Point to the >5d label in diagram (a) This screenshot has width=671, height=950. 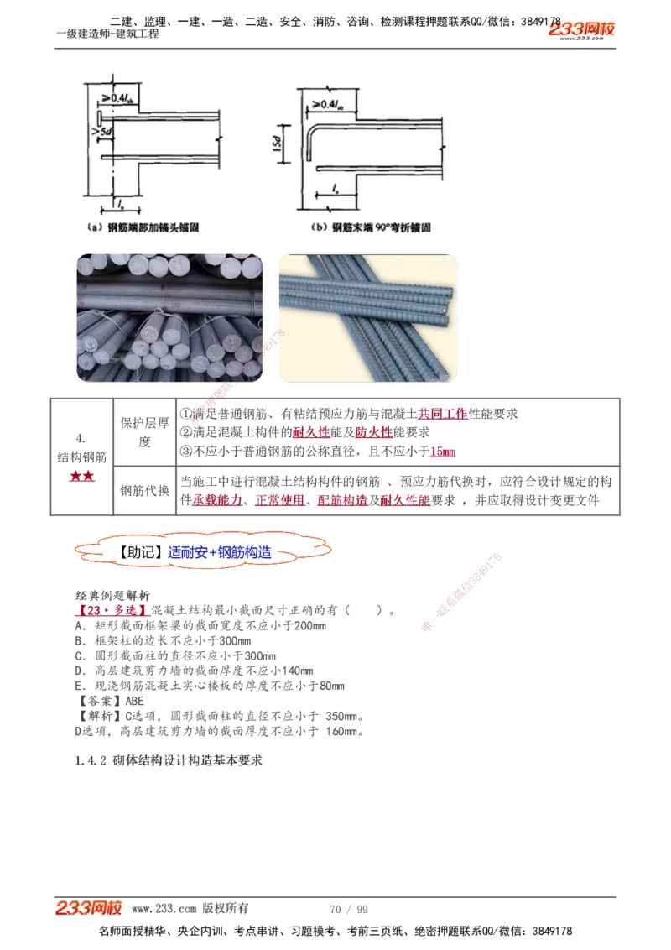pos(89,131)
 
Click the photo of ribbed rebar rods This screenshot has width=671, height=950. pos(367,317)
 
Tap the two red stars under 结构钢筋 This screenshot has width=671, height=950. pos(81,477)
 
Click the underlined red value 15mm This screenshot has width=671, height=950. pos(442,452)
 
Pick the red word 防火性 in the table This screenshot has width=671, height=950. pos(373,433)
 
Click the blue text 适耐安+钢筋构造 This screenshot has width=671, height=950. pos(219,553)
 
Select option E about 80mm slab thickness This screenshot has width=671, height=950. pos(209,686)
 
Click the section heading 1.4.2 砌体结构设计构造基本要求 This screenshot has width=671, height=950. pos(169,761)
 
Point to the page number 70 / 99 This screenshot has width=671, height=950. pos(349,909)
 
